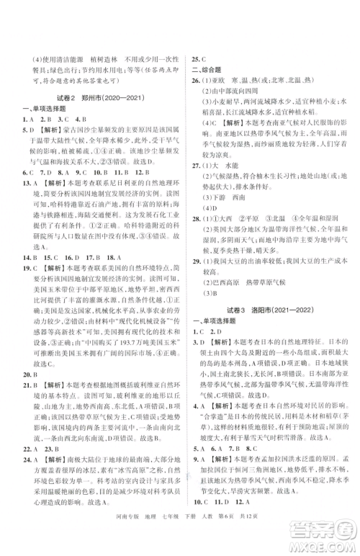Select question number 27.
196,165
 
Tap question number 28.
196,218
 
